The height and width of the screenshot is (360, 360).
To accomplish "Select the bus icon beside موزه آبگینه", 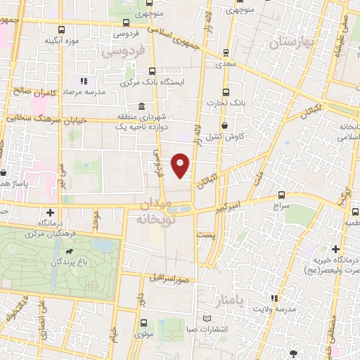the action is (x=61, y=30).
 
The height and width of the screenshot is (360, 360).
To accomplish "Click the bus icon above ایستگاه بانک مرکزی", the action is (x=153, y=71).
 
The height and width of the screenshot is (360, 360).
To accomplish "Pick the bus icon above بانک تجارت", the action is (x=225, y=92).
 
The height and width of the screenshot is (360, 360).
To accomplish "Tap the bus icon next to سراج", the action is (x=281, y=194).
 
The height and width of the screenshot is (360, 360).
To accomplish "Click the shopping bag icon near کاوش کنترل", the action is (x=224, y=125).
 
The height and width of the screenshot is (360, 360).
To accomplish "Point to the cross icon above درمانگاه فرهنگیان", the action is (x=50, y=212).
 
